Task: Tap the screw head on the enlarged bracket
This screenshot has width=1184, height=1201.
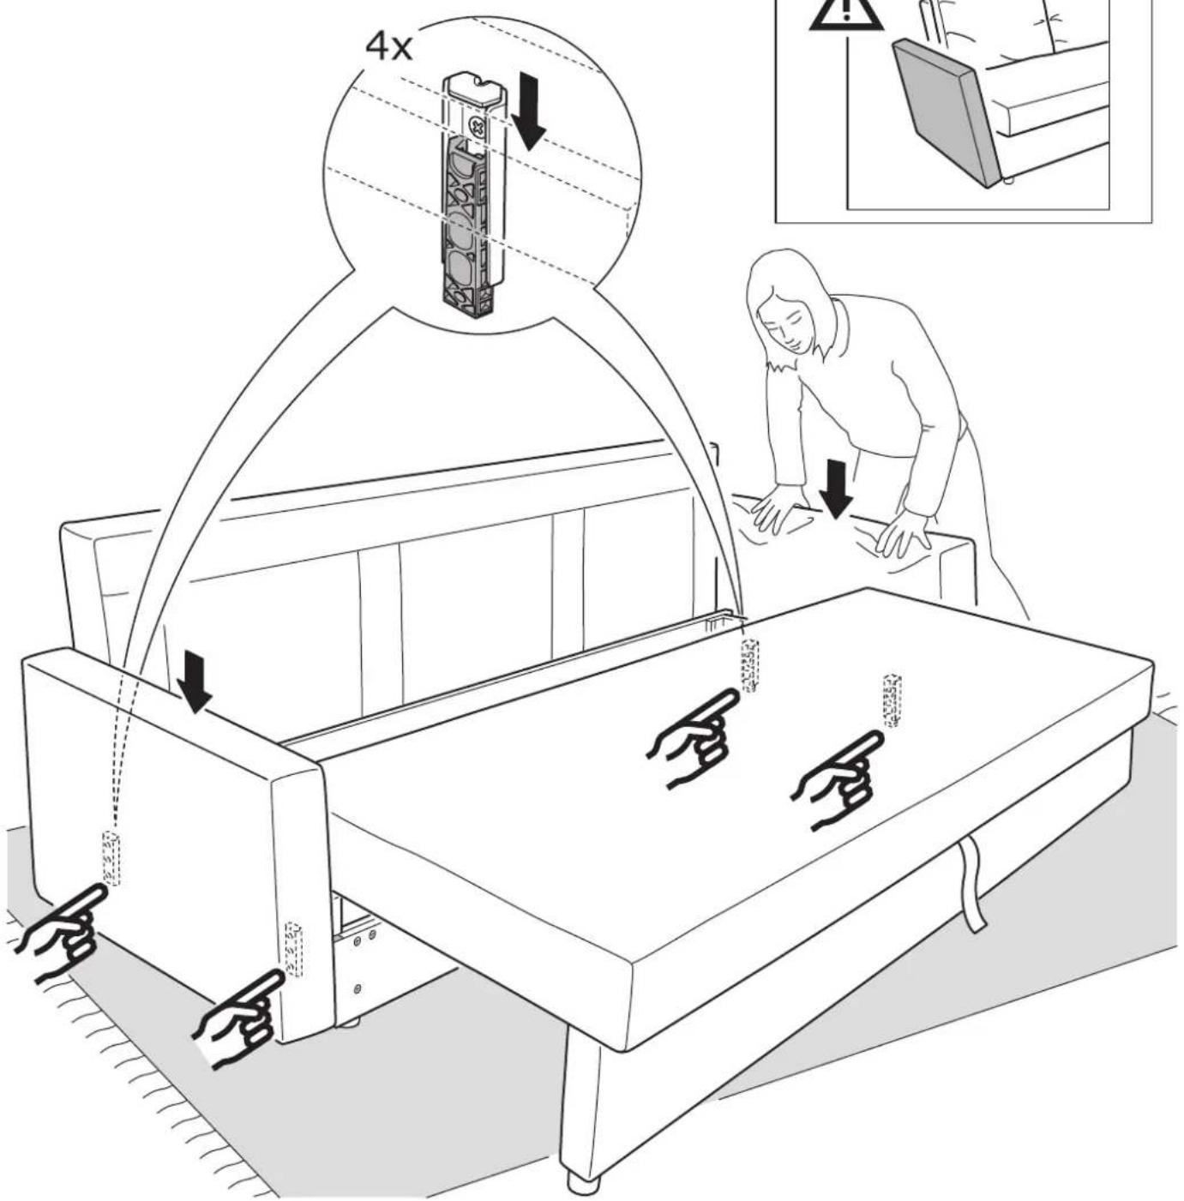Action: (477, 129)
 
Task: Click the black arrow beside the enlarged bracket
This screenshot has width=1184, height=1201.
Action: (528, 112)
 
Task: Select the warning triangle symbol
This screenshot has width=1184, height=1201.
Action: (845, 14)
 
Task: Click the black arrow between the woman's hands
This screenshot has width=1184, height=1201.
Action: (835, 489)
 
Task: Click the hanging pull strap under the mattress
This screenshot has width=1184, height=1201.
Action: (971, 885)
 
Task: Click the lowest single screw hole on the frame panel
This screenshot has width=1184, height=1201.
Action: (358, 989)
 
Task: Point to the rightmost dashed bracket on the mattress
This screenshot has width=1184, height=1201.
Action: (893, 700)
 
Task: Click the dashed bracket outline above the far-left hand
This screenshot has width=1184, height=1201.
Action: (111, 857)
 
